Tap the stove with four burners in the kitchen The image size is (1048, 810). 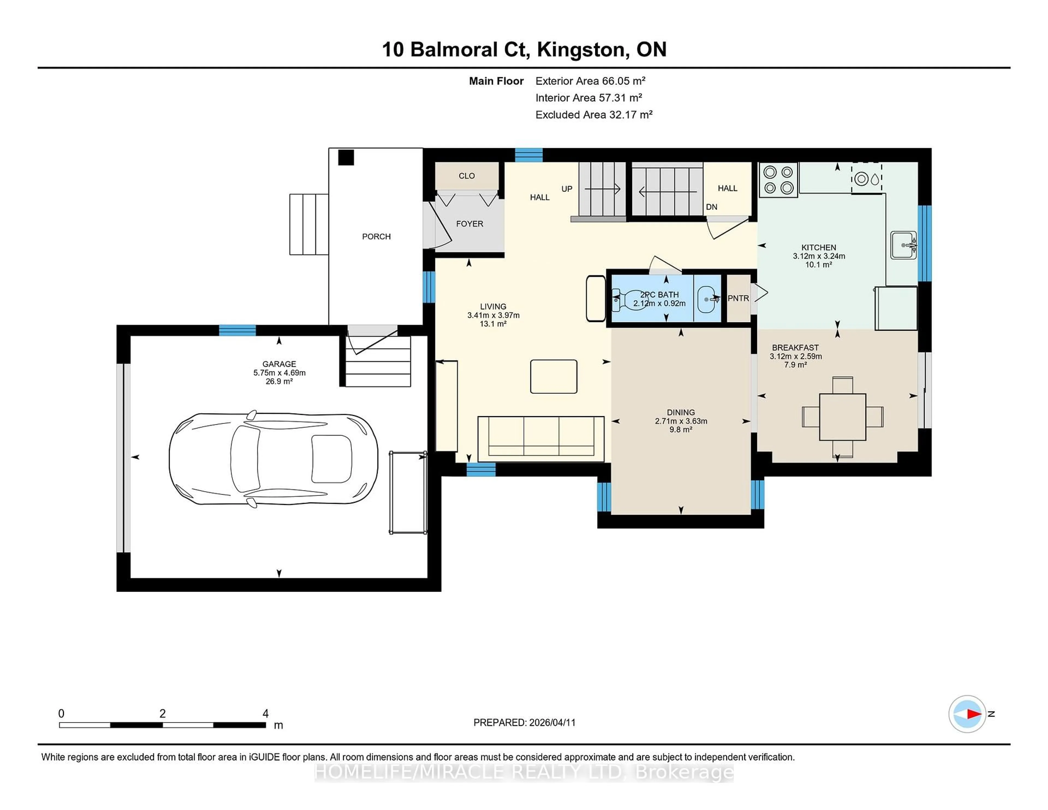pyautogui.click(x=778, y=180)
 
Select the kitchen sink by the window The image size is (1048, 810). pyautogui.click(x=903, y=245)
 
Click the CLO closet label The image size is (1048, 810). pyautogui.click(x=466, y=176)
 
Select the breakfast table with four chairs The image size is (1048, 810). pyautogui.click(x=842, y=416)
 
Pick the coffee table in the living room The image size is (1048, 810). pyautogui.click(x=553, y=377)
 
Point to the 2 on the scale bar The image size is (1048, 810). pyautogui.click(x=163, y=714)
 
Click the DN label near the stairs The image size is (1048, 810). pyautogui.click(x=711, y=207)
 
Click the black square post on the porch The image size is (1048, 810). pyautogui.click(x=346, y=158)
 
